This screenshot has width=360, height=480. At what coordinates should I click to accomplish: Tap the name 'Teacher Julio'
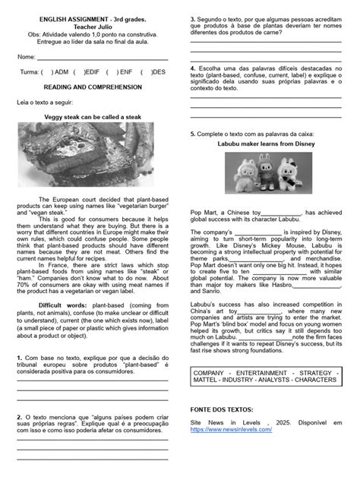93,25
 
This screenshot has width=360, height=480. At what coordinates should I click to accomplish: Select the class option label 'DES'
158,72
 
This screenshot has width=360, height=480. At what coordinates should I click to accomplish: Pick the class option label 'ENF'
125,72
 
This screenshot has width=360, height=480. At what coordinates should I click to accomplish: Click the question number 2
18,416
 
